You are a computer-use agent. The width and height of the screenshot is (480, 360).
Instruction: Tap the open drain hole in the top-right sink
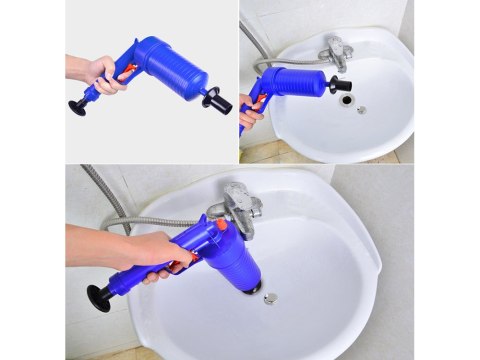click(x=345, y=100)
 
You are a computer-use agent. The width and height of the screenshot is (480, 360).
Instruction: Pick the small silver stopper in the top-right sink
click(x=361, y=109)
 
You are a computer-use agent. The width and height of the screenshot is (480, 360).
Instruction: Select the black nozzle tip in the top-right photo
click(x=332, y=84)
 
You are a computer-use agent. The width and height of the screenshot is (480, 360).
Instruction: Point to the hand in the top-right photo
click(x=249, y=111)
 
